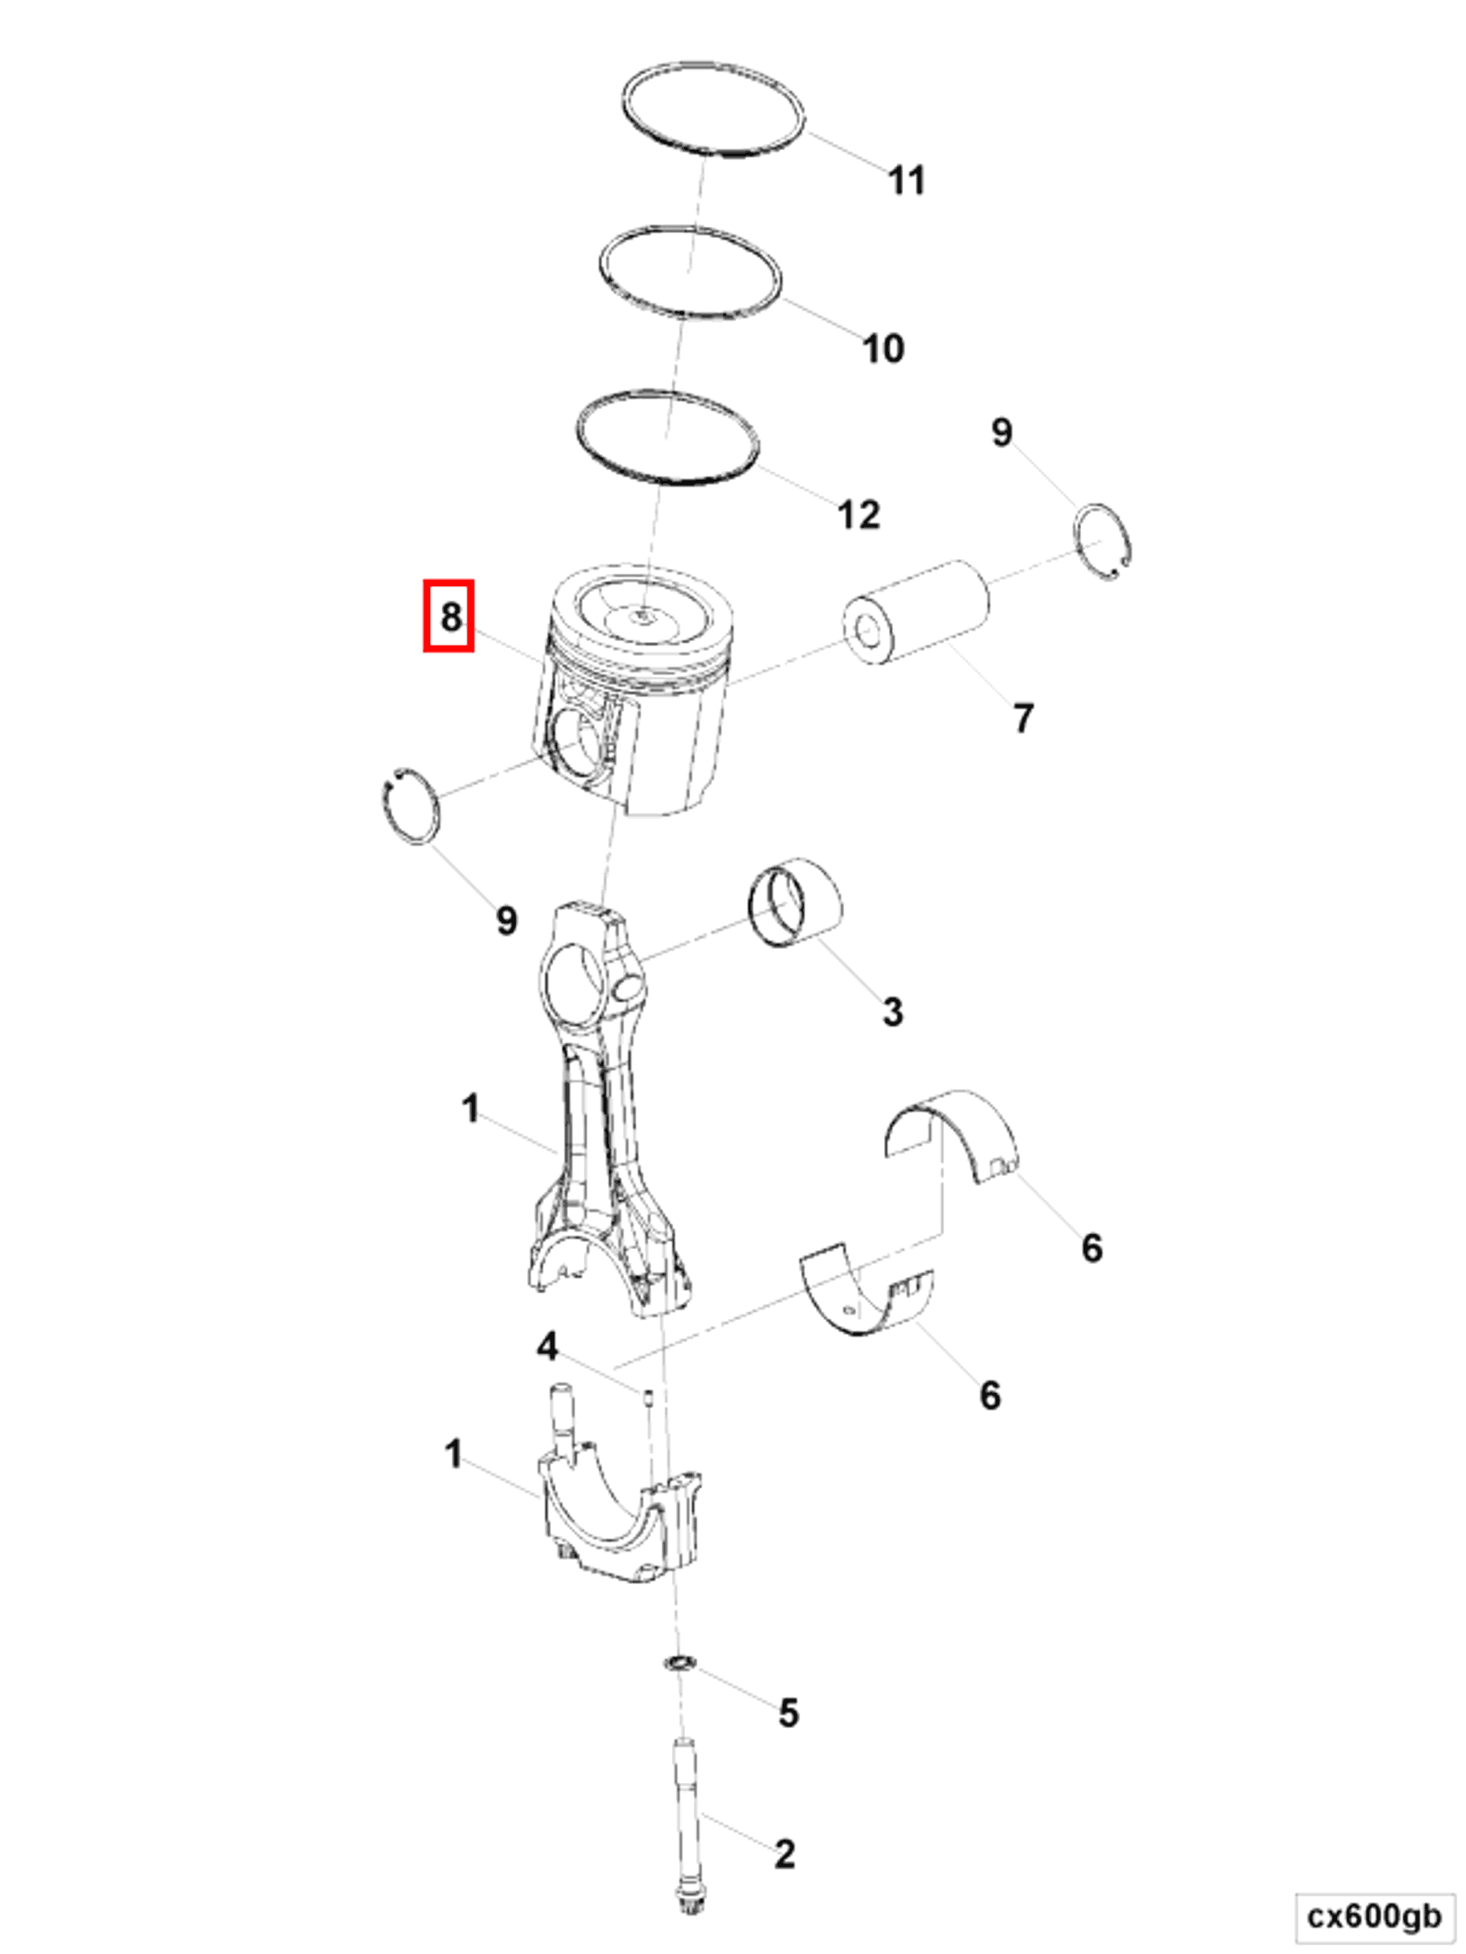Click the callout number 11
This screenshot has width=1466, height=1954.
[907, 181]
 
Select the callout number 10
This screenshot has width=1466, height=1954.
[883, 348]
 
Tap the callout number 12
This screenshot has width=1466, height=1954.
[859, 514]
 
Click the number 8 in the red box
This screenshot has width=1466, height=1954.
[449, 616]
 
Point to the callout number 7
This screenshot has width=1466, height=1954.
[1023, 717]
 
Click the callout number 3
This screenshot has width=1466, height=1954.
[893, 1011]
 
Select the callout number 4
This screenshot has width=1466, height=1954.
[547, 1346]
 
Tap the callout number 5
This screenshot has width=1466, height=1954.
[788, 1712]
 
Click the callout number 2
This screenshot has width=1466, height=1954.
[784, 1853]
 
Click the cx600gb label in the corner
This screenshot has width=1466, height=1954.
[1374, 1916]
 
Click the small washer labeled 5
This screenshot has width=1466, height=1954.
[679, 1664]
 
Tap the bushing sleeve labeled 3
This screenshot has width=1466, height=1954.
[795, 904]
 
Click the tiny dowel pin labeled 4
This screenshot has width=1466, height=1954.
[647, 1397]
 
